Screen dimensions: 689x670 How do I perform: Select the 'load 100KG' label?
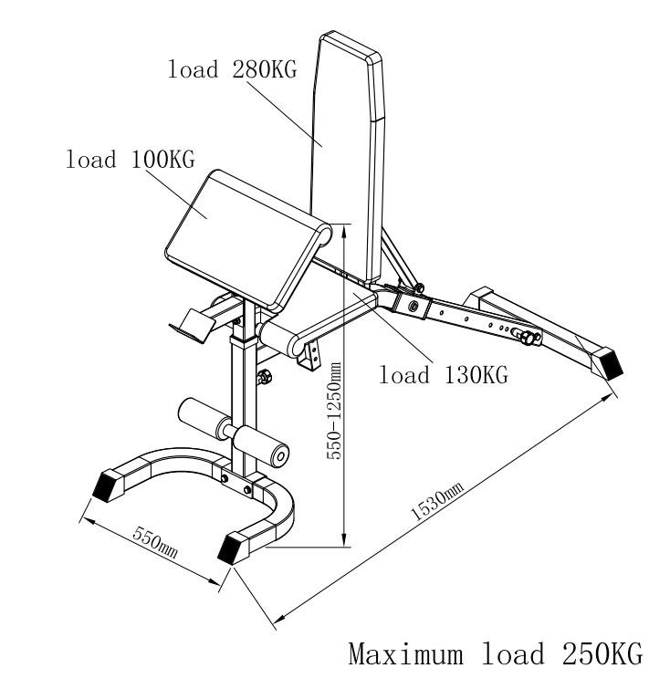click(130, 159)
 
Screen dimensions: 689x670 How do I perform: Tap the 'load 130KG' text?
click(443, 373)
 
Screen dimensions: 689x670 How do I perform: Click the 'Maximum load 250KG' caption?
click(494, 654)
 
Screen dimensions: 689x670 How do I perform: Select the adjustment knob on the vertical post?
click(266, 377)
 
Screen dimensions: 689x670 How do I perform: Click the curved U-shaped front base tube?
click(274, 511)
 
